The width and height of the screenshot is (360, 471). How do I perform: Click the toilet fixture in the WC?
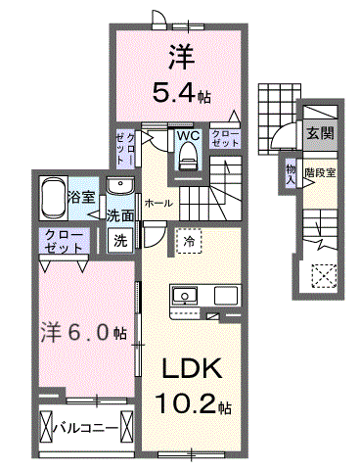(x=187, y=157)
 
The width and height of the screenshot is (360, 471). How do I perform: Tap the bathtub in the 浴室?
(x=54, y=199)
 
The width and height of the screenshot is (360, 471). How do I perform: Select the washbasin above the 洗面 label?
(x=120, y=186)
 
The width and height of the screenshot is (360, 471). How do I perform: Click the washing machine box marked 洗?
(x=120, y=240)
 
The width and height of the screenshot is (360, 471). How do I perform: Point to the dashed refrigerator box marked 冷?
(x=189, y=241)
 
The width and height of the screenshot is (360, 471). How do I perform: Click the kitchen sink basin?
(x=185, y=297)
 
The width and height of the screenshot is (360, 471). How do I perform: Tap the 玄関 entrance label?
(x=321, y=133)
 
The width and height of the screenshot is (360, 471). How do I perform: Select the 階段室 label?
(x=320, y=172)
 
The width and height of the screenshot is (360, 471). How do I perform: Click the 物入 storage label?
(x=291, y=175)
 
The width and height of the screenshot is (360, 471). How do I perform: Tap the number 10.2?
(x=186, y=403)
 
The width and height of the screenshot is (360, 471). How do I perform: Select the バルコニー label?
(x=86, y=428)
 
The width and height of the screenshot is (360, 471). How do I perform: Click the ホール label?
(x=158, y=204)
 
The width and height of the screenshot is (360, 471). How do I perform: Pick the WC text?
(x=188, y=136)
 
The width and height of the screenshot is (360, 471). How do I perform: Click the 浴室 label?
(x=81, y=197)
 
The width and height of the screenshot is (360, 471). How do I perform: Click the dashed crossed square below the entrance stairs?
(x=324, y=276)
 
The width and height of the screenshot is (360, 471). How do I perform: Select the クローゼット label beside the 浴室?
(x=64, y=241)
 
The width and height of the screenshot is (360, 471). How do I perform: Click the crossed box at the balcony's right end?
(x=127, y=427)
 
